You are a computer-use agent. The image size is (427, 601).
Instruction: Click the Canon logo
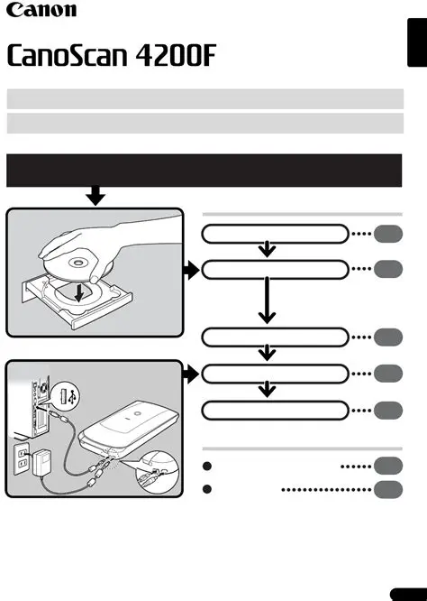coord(42,12)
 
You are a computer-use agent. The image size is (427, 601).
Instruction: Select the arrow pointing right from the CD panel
coord(188,269)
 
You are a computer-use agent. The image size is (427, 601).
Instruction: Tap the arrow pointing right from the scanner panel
coord(188,373)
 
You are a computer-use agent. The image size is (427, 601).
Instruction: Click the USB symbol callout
coord(67,393)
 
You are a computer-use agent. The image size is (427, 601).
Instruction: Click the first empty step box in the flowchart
coord(274,235)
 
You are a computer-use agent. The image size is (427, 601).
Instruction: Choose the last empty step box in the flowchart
coord(274,410)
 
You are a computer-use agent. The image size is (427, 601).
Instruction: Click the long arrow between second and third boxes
coord(268,301)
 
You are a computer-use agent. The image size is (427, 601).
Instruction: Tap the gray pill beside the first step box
coord(388,235)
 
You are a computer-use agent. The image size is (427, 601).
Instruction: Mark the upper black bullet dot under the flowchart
coord(208,467)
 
